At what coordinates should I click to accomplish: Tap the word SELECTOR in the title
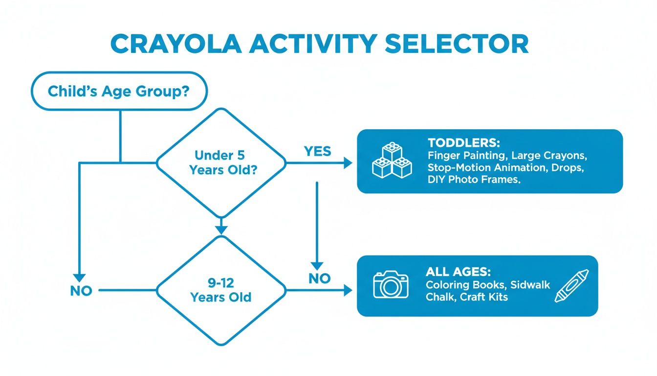[x=457, y=44]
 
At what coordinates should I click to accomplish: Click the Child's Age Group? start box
[x=119, y=91]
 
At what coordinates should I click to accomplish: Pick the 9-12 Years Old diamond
[x=220, y=290]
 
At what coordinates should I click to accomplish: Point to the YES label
[x=317, y=151]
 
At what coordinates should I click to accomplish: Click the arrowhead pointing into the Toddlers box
[x=348, y=163]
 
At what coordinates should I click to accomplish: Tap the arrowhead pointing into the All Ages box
[x=348, y=290]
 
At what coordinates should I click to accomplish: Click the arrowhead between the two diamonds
[x=221, y=229]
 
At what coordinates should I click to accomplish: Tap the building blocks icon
[x=392, y=161]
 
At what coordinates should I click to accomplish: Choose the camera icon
[x=391, y=284]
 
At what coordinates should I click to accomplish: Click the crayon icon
[x=572, y=285]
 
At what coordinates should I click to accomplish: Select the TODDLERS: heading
[x=463, y=143]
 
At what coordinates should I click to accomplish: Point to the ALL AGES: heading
[x=458, y=272]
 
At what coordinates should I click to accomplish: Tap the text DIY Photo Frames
[x=474, y=180]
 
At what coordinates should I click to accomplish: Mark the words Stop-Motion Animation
[x=478, y=167]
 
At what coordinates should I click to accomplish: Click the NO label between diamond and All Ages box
[x=320, y=279]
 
